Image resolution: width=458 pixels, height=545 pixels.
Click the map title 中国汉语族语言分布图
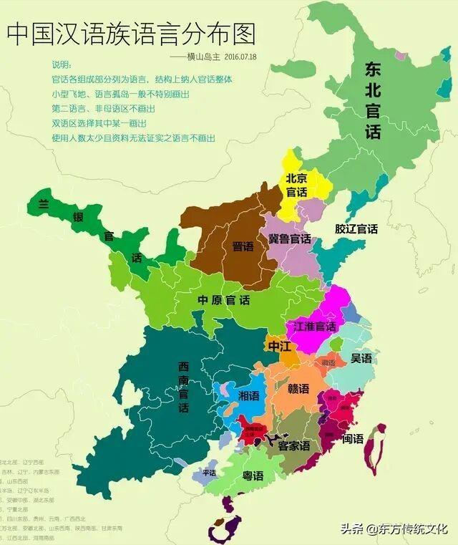[x=131, y=33]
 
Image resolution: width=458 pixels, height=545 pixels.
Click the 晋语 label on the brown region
[x=243, y=246]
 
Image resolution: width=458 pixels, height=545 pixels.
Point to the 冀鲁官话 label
[x=289, y=238]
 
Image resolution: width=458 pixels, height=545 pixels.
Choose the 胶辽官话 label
[x=356, y=229]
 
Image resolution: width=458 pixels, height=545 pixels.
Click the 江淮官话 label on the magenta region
[x=315, y=326]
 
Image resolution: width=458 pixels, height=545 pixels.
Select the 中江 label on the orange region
[x=279, y=347]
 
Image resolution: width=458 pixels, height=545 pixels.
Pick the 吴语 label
[x=361, y=357]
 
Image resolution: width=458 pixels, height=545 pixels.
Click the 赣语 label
[x=298, y=389]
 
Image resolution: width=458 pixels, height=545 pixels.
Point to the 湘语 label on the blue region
[x=248, y=396]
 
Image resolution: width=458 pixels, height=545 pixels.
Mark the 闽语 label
[x=353, y=438]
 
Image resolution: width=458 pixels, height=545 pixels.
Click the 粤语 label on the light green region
[x=252, y=476]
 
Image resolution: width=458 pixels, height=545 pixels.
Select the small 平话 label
[x=209, y=472]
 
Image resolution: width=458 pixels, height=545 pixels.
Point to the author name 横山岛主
[x=200, y=56]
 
